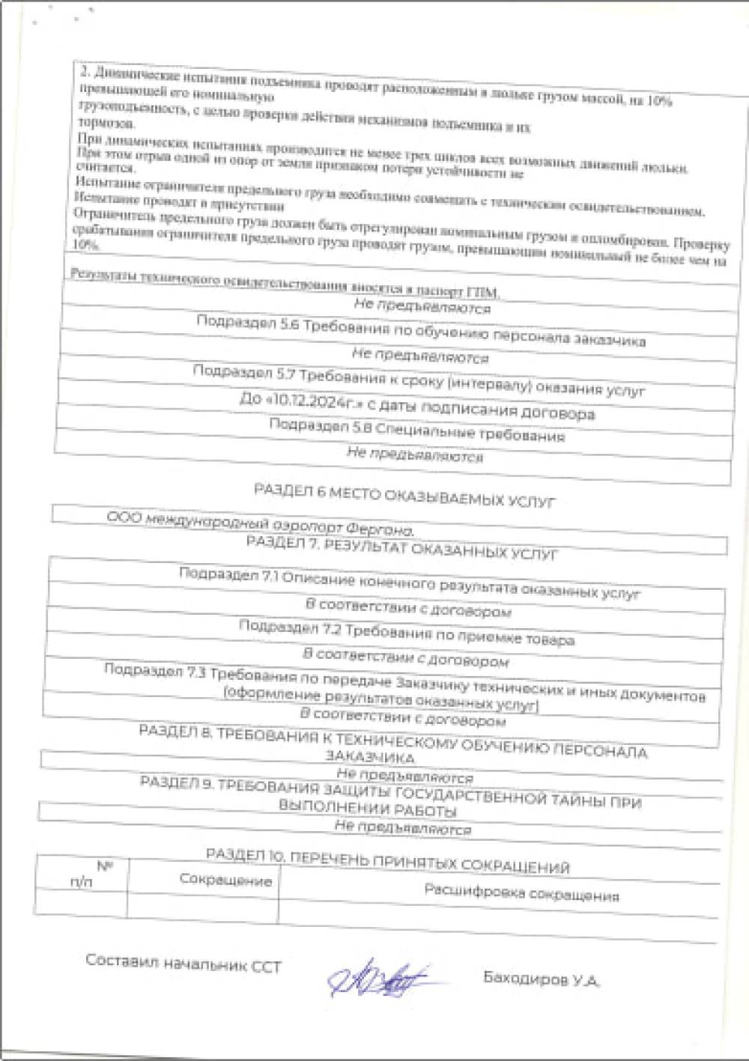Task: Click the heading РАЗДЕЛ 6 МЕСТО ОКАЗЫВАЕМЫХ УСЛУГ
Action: pyautogui.click(x=404, y=496)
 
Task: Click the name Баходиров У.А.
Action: pyautogui.click(x=541, y=979)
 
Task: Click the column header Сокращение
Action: pyautogui.click(x=225, y=880)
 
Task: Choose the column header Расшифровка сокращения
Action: pyautogui.click(x=521, y=893)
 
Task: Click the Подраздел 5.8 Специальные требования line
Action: pyautogui.click(x=416, y=430)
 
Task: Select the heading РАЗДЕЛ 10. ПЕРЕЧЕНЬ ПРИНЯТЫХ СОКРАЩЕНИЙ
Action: pyautogui.click(x=387, y=860)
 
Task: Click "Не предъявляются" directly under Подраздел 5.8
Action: pyautogui.click(x=414, y=455)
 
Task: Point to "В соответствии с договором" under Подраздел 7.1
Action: pyautogui.click(x=408, y=607)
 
